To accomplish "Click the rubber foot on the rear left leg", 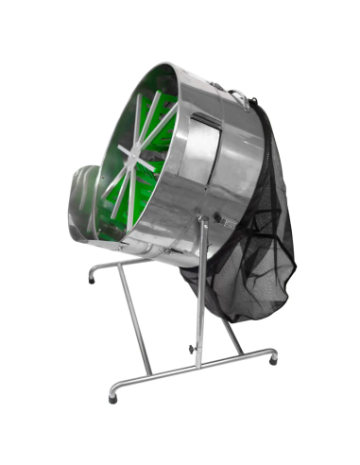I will pyautogui.click(x=92, y=280).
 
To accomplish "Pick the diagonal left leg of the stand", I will pyautogui.click(x=132, y=321).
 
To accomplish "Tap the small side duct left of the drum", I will pyautogui.click(x=82, y=198).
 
